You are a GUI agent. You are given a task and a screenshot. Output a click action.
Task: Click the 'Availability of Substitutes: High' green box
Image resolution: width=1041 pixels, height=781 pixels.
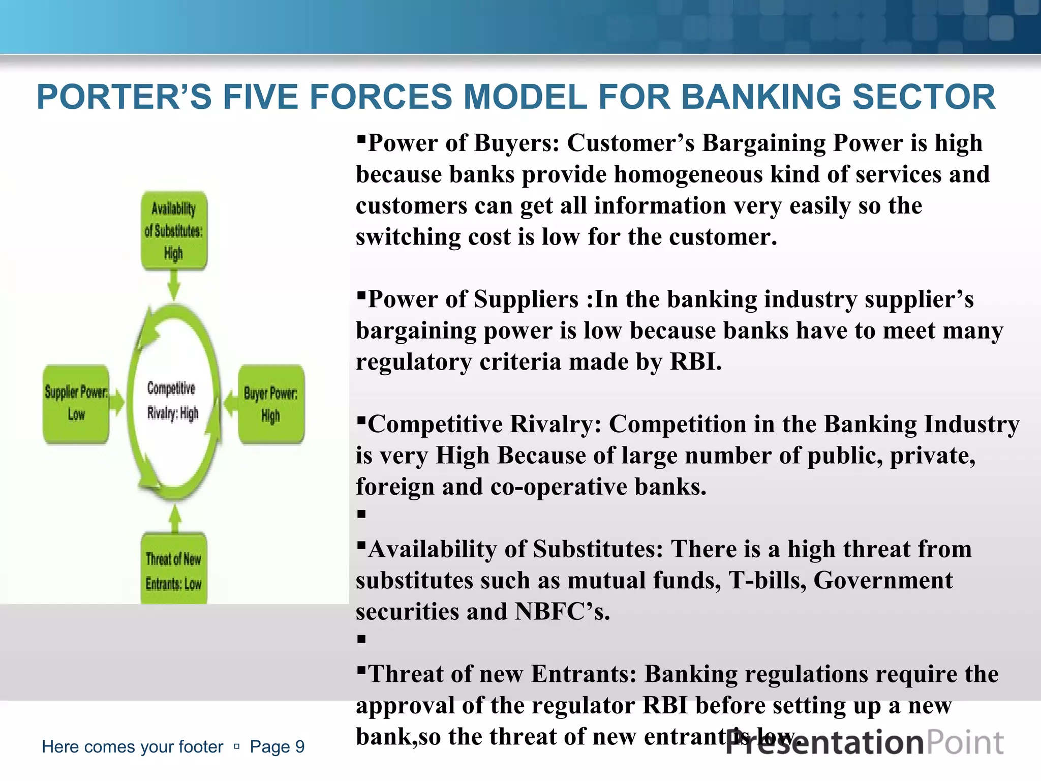174,230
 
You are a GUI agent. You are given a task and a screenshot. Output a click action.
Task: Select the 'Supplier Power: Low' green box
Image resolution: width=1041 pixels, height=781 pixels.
76,403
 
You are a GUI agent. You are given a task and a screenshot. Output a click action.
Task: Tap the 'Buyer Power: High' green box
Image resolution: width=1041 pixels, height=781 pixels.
271,404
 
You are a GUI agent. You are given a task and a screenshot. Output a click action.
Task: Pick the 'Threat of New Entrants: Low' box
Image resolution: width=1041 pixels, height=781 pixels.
174,569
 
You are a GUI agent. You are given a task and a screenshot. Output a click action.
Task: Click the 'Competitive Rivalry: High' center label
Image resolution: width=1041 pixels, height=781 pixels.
172,401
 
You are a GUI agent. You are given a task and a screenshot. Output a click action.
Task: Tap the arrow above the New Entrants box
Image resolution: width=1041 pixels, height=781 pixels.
175,519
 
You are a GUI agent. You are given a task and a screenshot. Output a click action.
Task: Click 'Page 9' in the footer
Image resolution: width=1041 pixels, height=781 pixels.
277,746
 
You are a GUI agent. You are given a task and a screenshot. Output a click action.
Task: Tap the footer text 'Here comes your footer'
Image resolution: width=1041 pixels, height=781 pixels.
132,746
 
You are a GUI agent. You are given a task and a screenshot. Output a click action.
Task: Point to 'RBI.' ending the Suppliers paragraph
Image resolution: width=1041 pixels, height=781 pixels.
696,362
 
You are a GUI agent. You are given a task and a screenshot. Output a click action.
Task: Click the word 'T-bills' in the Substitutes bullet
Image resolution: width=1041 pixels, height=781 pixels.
767,581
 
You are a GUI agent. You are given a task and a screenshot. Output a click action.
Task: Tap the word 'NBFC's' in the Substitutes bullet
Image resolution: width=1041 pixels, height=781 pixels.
562,612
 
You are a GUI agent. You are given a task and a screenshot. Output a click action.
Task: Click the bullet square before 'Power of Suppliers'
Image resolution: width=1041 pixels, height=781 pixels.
361,294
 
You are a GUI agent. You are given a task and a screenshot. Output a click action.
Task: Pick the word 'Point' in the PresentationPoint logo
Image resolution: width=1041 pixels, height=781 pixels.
965,743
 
